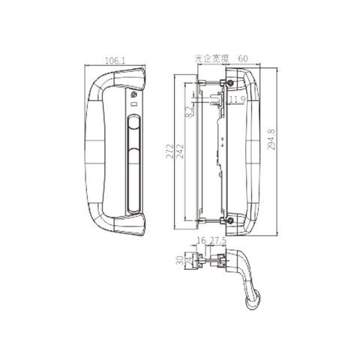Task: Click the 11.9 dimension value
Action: pyautogui.click(x=237, y=99)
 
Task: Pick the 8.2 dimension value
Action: pyautogui.click(x=189, y=112)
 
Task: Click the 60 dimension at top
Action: pyautogui.click(x=243, y=57)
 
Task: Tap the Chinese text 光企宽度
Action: pyautogui.click(x=211, y=57)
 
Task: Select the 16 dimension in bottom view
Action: pyautogui.click(x=200, y=241)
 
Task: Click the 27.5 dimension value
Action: pyautogui.click(x=217, y=241)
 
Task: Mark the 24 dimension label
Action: pyautogui.click(x=187, y=262)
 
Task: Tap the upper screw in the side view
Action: pyautogui.click(x=229, y=82)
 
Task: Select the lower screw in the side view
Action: pyautogui.click(x=229, y=220)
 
